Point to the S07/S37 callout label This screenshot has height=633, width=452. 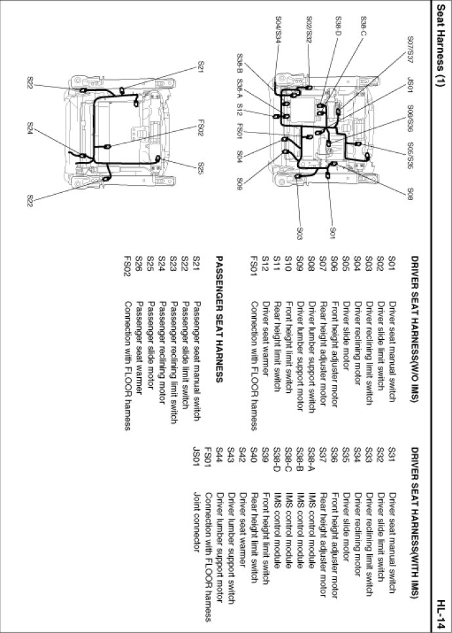pyautogui.click(x=409, y=49)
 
